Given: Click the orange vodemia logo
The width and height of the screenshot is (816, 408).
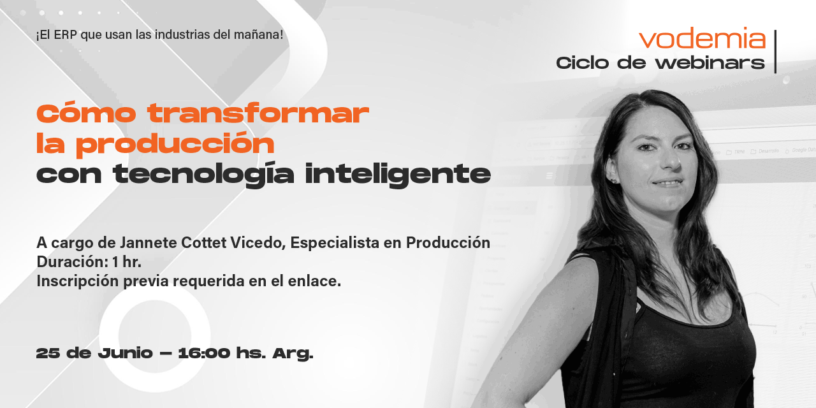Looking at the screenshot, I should click(702, 39).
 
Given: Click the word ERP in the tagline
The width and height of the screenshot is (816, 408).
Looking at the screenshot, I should click(66, 34).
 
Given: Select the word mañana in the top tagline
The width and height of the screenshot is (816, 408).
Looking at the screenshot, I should click(259, 34).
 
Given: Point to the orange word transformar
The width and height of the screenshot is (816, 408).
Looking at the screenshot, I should click(258, 114).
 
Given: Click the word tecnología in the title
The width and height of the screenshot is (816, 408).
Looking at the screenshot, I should click(204, 174).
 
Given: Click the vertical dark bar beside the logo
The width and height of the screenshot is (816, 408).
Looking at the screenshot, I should click(775, 52).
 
